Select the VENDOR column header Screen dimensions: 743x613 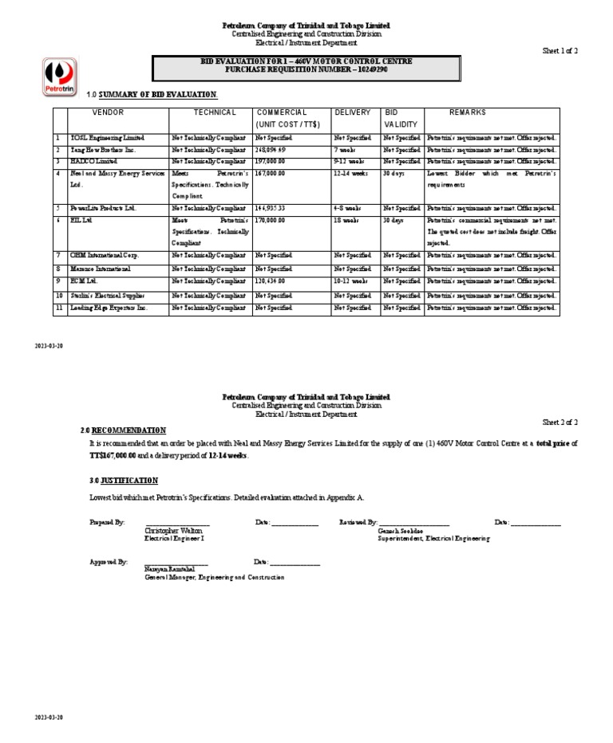[109, 112]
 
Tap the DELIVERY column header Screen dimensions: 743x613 [352, 112]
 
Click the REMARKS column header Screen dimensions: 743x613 [467, 112]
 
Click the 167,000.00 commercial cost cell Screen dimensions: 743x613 [271, 173]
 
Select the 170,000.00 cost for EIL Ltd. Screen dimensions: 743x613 [271, 220]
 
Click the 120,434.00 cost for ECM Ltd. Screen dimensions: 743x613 [271, 281]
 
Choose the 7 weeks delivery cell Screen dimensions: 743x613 [346, 150]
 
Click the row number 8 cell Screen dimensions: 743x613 [57, 269]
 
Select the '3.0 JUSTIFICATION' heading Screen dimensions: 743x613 [124, 481]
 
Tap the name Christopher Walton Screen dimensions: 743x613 [173, 530]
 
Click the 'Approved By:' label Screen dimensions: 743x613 [108, 562]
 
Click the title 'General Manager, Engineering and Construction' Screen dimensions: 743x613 [213, 577]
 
